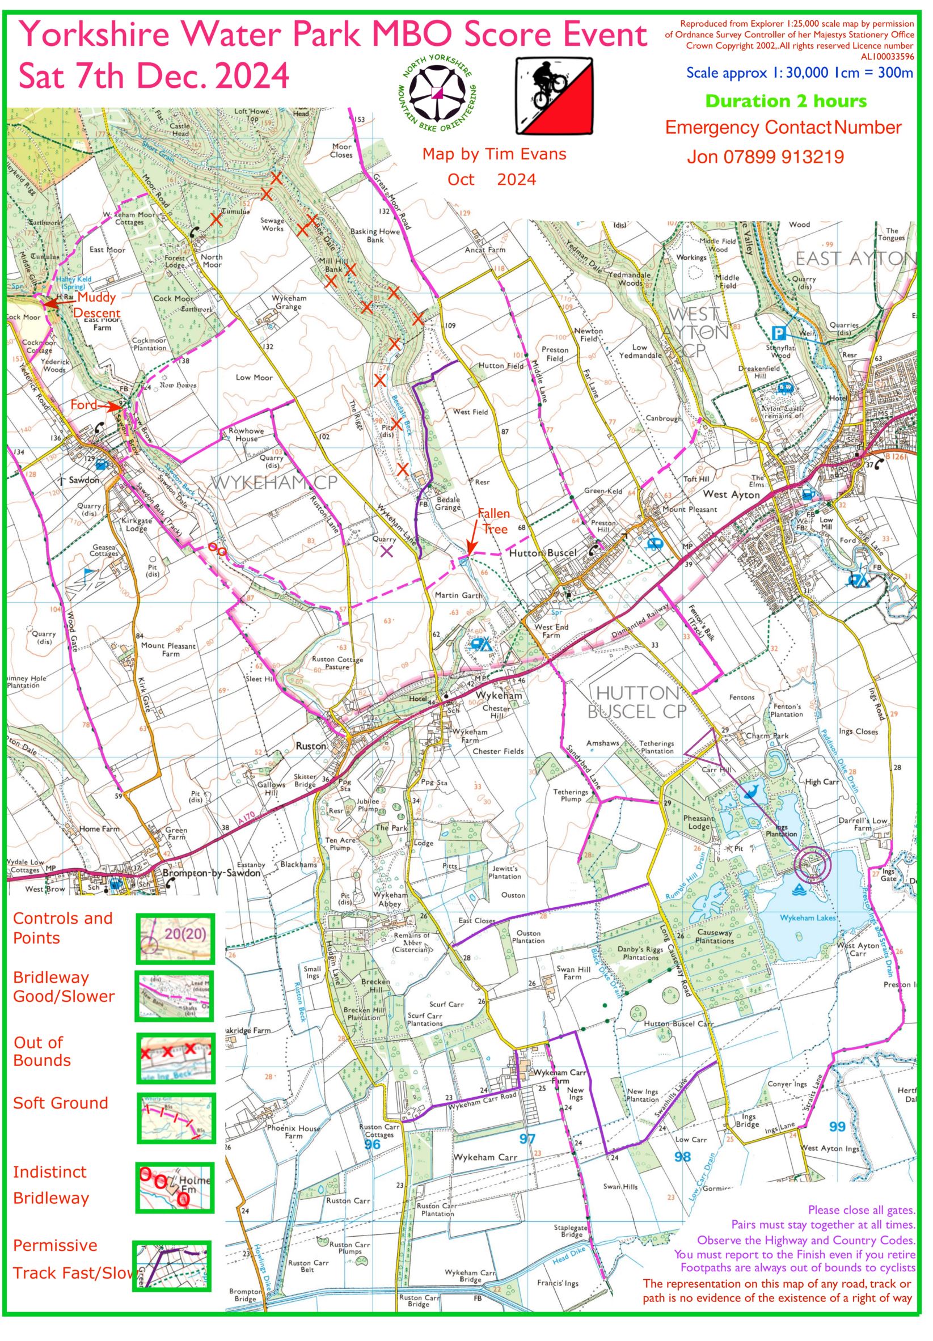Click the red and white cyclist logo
tap(553, 97)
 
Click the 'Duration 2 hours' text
tap(786, 101)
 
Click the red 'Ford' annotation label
tap(83, 405)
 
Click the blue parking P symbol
tap(778, 333)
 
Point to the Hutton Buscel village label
tap(543, 552)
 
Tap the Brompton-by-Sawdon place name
tap(212, 873)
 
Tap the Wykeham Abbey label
tap(390, 899)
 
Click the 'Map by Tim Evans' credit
tap(493, 154)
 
